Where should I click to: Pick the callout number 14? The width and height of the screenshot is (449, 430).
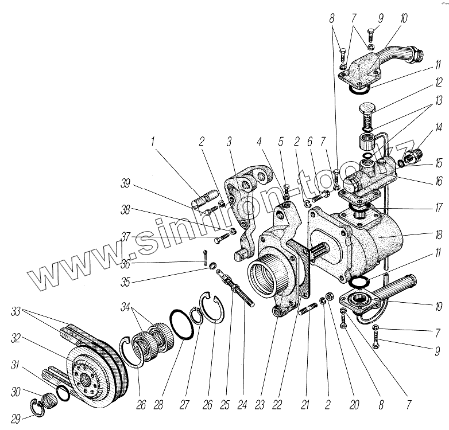coord(438,127)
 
